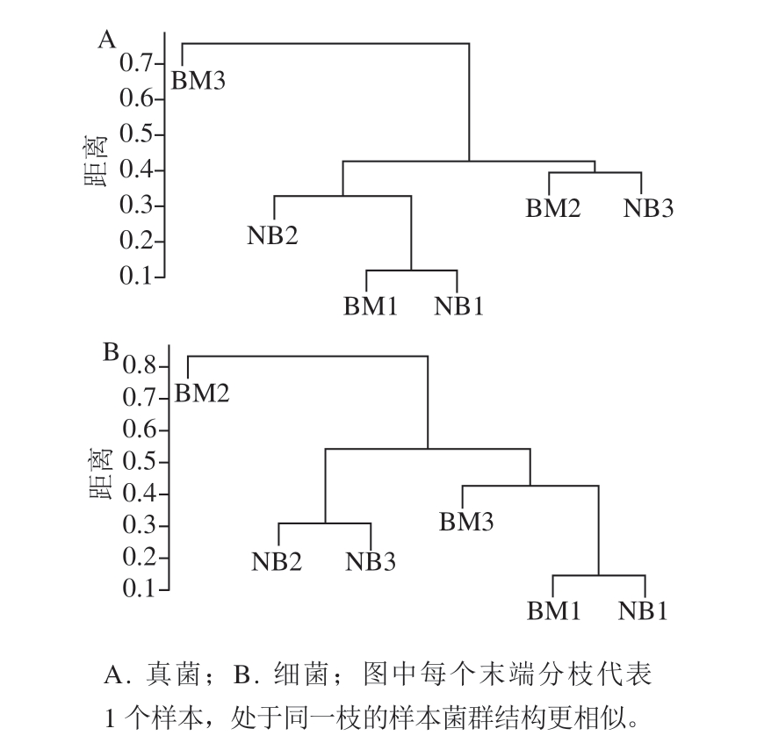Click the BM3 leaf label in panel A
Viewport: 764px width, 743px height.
pos(198,81)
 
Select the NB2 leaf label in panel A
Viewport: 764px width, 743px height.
pos(272,236)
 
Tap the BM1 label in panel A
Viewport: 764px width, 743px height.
pos(371,307)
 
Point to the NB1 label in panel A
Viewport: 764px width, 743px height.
pos(458,307)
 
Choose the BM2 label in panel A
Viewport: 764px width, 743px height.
pos(553,208)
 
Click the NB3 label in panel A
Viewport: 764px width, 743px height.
pos(649,208)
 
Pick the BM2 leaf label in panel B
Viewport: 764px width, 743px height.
pos(202,393)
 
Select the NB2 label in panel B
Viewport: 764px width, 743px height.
pos(277,562)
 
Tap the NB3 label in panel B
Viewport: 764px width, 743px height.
pos(371,562)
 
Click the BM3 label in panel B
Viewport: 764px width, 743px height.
pos(466,522)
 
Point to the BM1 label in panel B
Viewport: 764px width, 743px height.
pos(554,611)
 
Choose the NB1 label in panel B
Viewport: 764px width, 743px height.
pos(643,611)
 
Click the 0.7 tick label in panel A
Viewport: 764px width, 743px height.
pos(136,63)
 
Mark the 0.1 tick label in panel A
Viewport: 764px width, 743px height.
pos(136,277)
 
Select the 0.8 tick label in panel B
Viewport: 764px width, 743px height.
pos(139,365)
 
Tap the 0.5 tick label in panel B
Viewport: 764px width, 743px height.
pos(139,461)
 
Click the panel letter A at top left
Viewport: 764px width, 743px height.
pos(107,40)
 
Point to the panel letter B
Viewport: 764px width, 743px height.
pos(112,352)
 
